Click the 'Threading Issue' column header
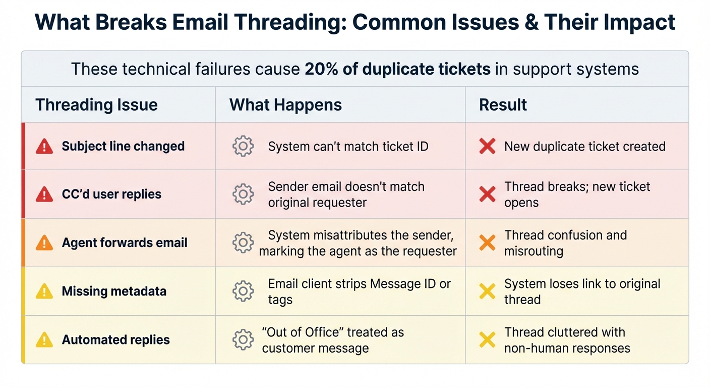pos(96,105)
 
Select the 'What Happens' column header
pos(285,105)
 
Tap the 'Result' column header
pos(503,105)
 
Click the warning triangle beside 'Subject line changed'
pos(44,147)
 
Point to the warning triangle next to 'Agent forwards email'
pos(44,243)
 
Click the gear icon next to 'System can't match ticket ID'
pos(243,147)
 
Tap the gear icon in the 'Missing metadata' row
pos(243,292)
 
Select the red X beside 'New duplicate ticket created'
pos(487,147)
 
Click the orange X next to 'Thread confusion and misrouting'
pos(487,243)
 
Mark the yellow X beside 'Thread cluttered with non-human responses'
pos(487,340)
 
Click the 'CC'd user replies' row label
pos(111,195)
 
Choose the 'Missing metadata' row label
pos(114,292)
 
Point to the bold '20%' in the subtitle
pos(321,69)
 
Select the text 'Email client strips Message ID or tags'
pos(359,292)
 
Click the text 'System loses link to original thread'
pos(582,292)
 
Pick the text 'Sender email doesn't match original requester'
pos(346,195)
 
